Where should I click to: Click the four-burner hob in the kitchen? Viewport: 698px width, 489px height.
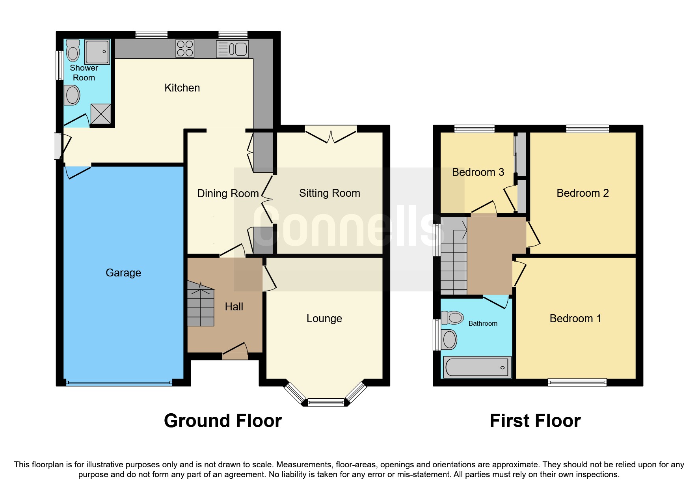(x=185, y=49)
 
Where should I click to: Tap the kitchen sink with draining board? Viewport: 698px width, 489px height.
(x=233, y=49)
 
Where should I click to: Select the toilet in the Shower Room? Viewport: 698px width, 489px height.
(x=73, y=50)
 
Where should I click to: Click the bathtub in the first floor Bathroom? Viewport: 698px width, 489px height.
(x=477, y=367)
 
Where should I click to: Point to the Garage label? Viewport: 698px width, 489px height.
(x=123, y=272)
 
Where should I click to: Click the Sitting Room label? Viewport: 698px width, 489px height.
(x=329, y=193)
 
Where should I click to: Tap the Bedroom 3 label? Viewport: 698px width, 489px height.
(x=478, y=172)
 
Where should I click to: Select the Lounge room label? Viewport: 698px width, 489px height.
(x=324, y=318)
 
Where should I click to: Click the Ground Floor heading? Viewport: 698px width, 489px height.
(x=223, y=420)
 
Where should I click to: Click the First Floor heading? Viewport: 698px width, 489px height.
(x=535, y=420)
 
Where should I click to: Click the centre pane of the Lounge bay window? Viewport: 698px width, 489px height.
(x=326, y=402)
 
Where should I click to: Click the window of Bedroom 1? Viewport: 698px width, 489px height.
(x=577, y=382)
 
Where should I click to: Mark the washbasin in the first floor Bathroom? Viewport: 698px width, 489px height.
(x=449, y=339)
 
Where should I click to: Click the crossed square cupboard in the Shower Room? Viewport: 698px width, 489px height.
(x=101, y=114)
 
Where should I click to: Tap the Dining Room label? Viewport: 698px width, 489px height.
(x=228, y=193)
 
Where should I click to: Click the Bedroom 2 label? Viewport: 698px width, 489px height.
(x=582, y=193)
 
